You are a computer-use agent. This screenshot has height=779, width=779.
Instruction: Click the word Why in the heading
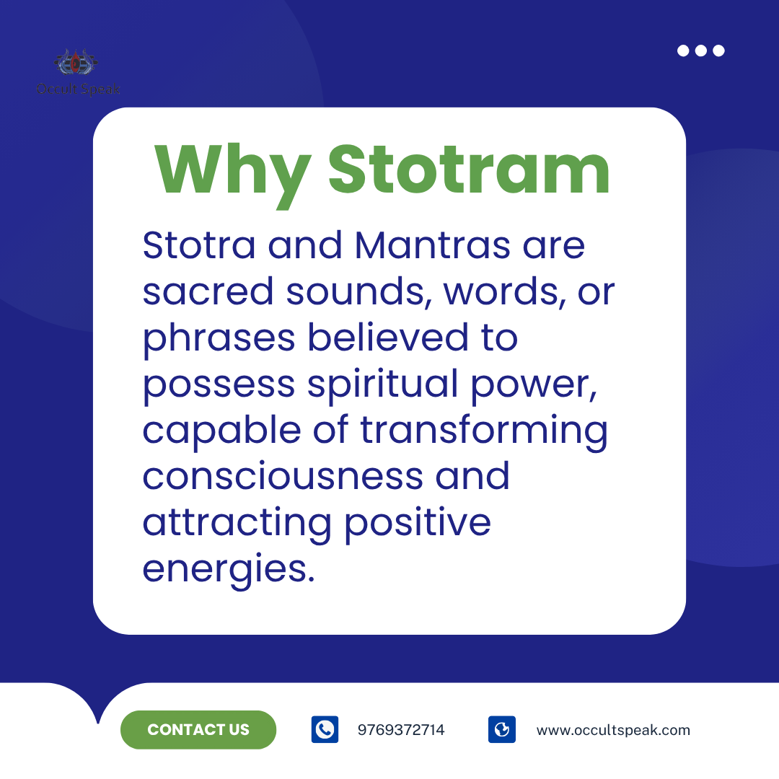point(232,175)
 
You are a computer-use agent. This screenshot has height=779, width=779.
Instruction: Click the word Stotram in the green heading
point(469,169)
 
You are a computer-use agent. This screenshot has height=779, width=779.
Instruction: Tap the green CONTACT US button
point(198,729)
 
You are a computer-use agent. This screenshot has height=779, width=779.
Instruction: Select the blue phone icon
point(325,729)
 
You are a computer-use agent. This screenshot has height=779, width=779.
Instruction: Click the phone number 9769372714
point(401,730)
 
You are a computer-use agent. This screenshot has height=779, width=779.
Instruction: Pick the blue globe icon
point(502,729)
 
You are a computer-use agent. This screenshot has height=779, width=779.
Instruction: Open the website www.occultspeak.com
point(613,730)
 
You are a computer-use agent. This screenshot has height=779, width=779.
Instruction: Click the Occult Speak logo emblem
point(76,63)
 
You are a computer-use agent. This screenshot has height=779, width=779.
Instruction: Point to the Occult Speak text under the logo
point(78,89)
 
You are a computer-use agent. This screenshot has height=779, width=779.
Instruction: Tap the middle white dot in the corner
point(701,50)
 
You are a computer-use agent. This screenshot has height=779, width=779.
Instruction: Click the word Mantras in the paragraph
point(432,245)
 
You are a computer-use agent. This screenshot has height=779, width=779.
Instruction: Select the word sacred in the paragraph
point(208,291)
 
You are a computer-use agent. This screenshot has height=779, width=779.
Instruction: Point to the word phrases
point(219,338)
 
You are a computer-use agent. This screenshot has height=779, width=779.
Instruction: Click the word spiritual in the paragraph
point(382,384)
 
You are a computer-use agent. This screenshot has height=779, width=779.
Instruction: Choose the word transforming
point(484,431)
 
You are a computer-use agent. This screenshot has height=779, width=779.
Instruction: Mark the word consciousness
point(283,477)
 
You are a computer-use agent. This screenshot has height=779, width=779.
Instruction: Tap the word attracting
point(237,523)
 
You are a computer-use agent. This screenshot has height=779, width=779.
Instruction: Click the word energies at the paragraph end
point(229,570)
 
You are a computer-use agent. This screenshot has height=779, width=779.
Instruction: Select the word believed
point(388,338)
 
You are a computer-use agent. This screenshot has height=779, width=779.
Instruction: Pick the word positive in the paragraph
point(418,524)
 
